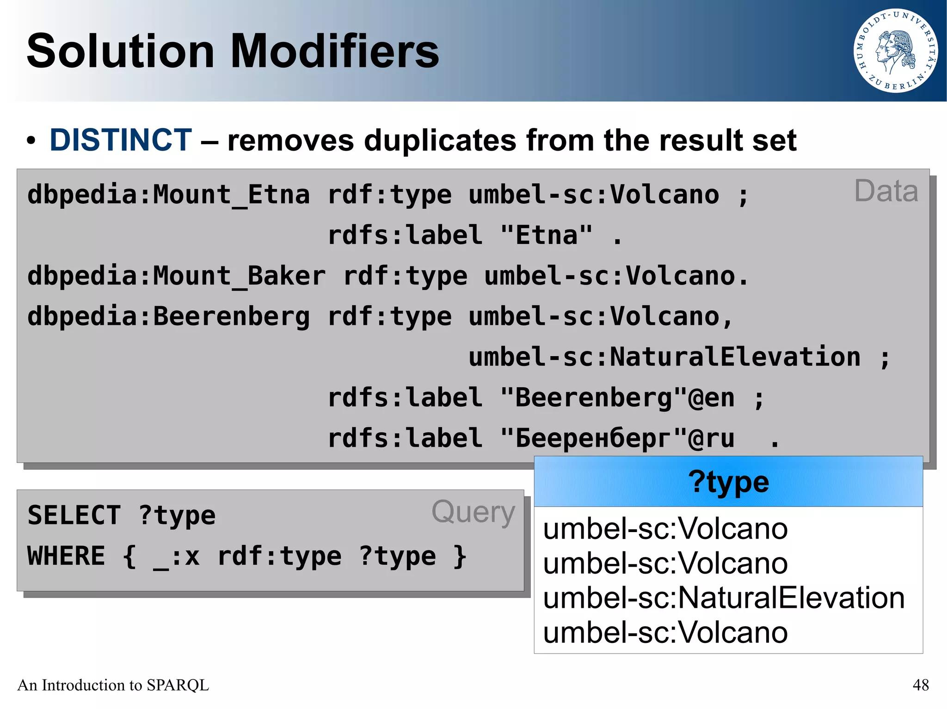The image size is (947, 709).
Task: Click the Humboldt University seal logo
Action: click(895, 51)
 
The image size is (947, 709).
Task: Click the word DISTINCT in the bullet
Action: click(120, 140)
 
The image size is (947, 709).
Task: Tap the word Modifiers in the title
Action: click(334, 51)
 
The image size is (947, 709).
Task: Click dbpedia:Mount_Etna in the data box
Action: click(168, 194)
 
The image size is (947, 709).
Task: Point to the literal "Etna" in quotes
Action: click(546, 235)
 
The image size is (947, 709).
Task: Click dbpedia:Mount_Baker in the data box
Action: click(176, 276)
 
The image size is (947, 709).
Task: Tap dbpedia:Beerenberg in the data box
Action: click(168, 316)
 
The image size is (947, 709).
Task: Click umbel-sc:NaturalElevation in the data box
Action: click(664, 357)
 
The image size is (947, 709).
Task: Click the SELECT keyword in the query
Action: click(74, 515)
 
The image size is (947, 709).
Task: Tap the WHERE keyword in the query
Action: click(66, 556)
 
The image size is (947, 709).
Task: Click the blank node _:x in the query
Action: click(176, 557)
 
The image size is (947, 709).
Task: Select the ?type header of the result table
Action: click(728, 482)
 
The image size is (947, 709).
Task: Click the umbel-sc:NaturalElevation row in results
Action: click(724, 598)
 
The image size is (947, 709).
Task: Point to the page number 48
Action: click(920, 685)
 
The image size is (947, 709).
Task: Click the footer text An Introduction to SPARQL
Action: click(113, 685)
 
